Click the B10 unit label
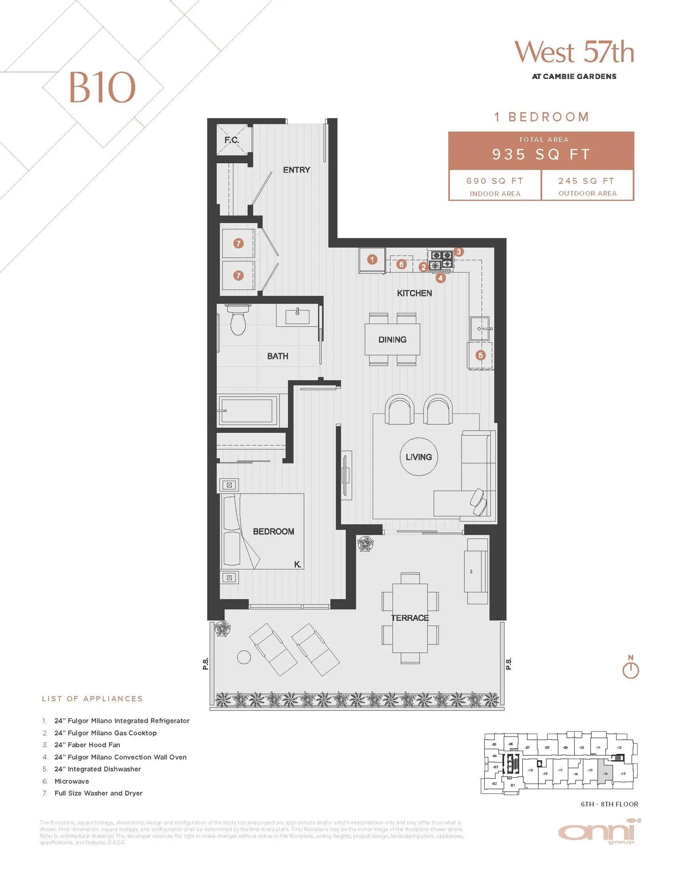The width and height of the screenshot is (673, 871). (x=102, y=87)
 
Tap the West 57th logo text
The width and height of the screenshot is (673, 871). (x=574, y=52)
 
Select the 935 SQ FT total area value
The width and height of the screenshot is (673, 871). (x=541, y=154)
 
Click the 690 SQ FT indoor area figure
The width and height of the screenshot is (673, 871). (x=495, y=181)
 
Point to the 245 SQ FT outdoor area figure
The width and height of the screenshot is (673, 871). (x=586, y=181)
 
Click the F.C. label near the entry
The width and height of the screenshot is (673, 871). (x=231, y=140)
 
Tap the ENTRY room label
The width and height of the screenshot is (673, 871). (x=297, y=170)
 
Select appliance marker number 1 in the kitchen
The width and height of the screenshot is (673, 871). (x=372, y=260)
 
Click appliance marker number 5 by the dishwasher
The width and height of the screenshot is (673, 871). (x=481, y=355)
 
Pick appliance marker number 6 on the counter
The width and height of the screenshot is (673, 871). (x=401, y=264)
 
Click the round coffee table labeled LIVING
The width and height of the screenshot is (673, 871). (x=419, y=457)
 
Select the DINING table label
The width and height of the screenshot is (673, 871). (x=392, y=340)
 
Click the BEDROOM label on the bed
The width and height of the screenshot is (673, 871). (x=273, y=532)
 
